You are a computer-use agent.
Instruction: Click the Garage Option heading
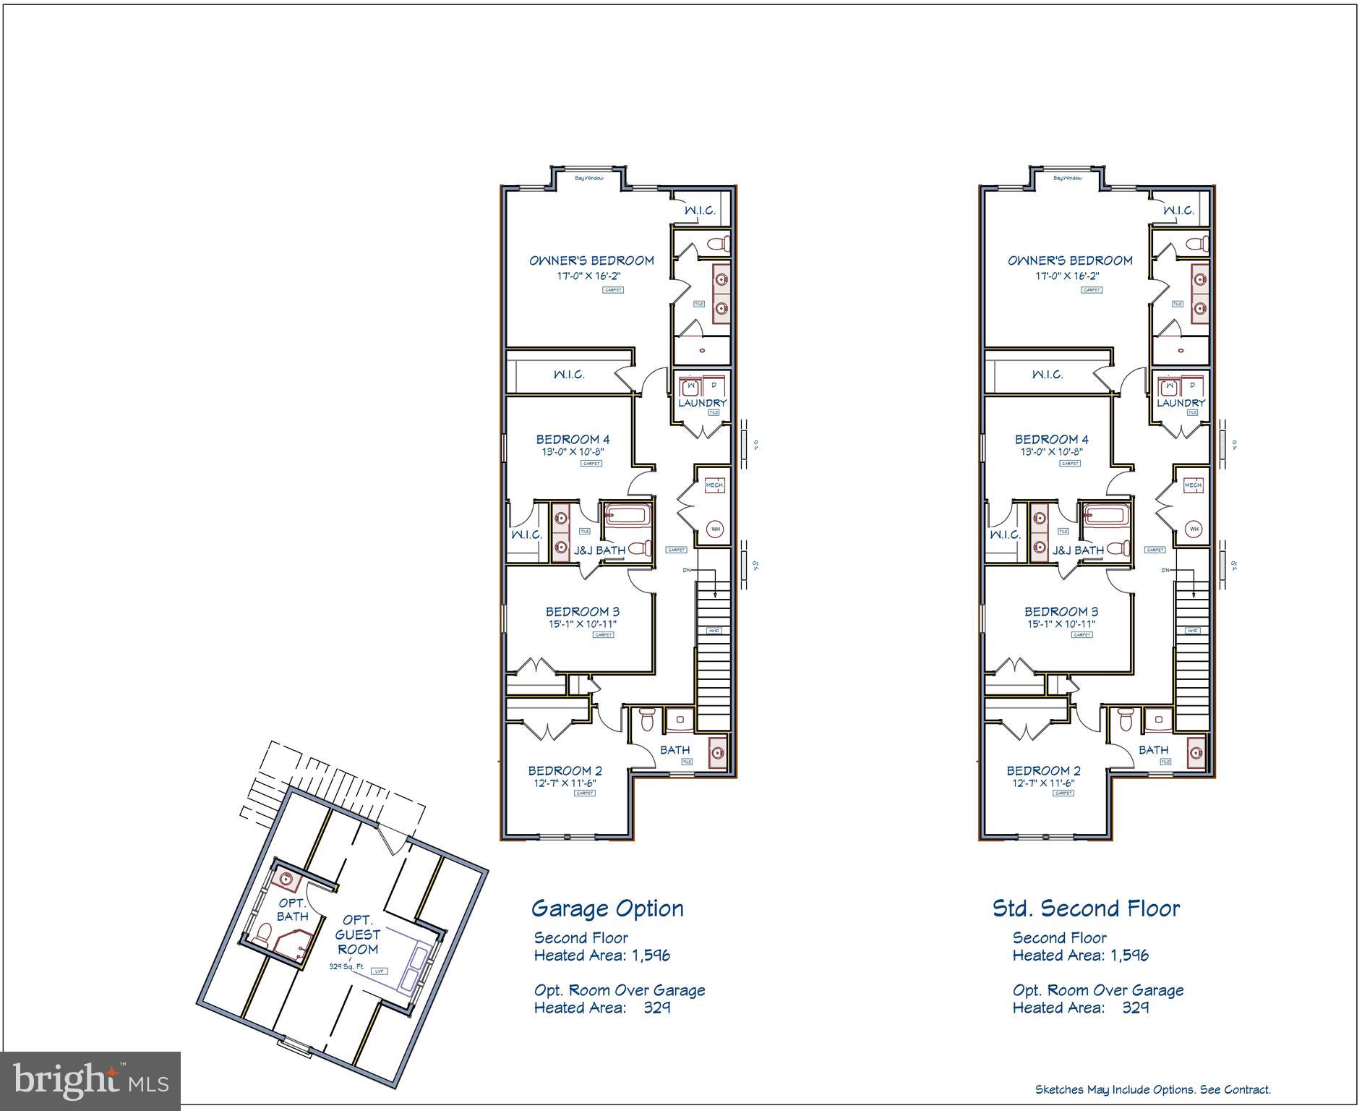(607, 908)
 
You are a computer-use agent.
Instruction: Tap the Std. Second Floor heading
(1085, 908)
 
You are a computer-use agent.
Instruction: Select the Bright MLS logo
(90, 1081)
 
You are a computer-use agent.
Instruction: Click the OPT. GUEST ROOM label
(358, 935)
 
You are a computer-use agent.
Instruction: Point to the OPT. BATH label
(292, 910)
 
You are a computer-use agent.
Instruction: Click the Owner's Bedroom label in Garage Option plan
(591, 260)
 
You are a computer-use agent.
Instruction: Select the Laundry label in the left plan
(702, 403)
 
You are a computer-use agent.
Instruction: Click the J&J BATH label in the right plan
(1078, 550)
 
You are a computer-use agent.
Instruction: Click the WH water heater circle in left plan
(715, 529)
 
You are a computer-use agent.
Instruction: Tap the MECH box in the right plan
(1193, 485)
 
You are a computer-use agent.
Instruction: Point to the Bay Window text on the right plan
(1067, 178)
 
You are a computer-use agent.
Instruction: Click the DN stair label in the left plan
(686, 570)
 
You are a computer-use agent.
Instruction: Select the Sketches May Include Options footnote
(1152, 1089)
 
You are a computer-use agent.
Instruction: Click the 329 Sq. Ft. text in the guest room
(346, 966)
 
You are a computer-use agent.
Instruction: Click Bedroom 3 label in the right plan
(1060, 611)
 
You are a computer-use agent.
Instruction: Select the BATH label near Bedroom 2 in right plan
(1152, 750)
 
